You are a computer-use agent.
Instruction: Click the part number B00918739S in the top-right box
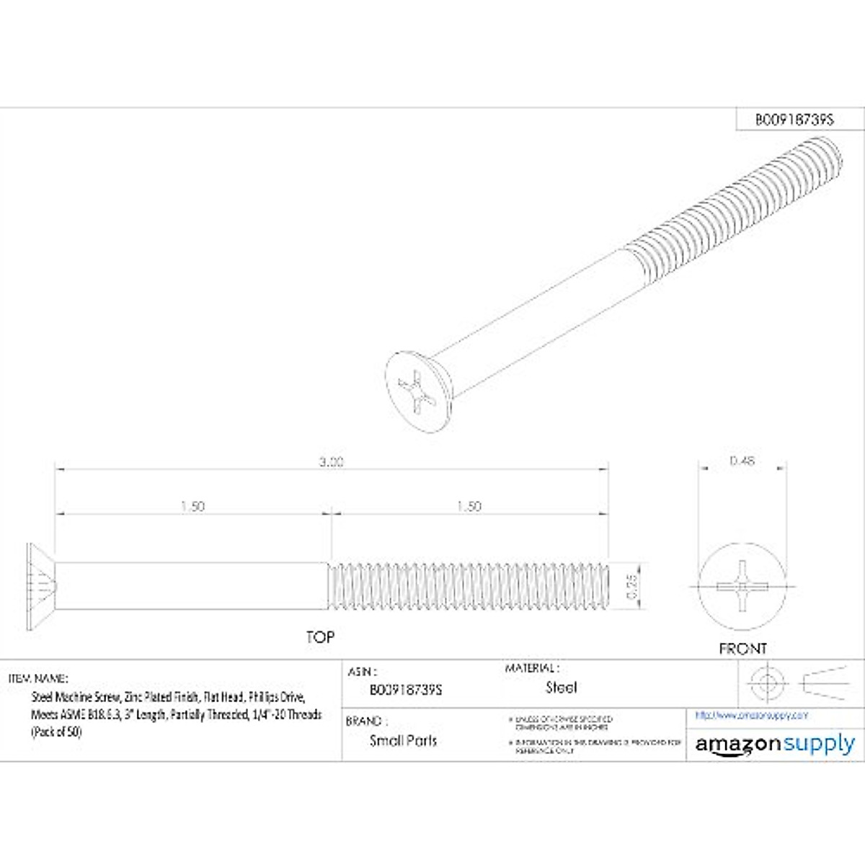coord(794,120)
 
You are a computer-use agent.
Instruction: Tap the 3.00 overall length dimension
coord(332,462)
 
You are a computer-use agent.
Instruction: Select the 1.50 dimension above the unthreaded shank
coord(192,507)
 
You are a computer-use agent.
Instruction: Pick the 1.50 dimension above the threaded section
coord(469,507)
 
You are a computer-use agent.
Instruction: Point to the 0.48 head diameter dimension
coord(742,461)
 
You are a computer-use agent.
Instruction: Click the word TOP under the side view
coord(320,637)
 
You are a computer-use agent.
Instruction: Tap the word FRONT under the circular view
coord(742,649)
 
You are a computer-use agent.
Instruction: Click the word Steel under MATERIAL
coord(561,688)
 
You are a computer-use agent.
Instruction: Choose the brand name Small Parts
coord(403,740)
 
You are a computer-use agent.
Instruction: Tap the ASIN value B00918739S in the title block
coord(406,690)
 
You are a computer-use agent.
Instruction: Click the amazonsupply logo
coord(775,744)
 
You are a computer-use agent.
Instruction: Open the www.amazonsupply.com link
coord(751,715)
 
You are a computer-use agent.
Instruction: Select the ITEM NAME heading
coord(38,678)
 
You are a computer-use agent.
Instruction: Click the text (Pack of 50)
coord(56,732)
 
